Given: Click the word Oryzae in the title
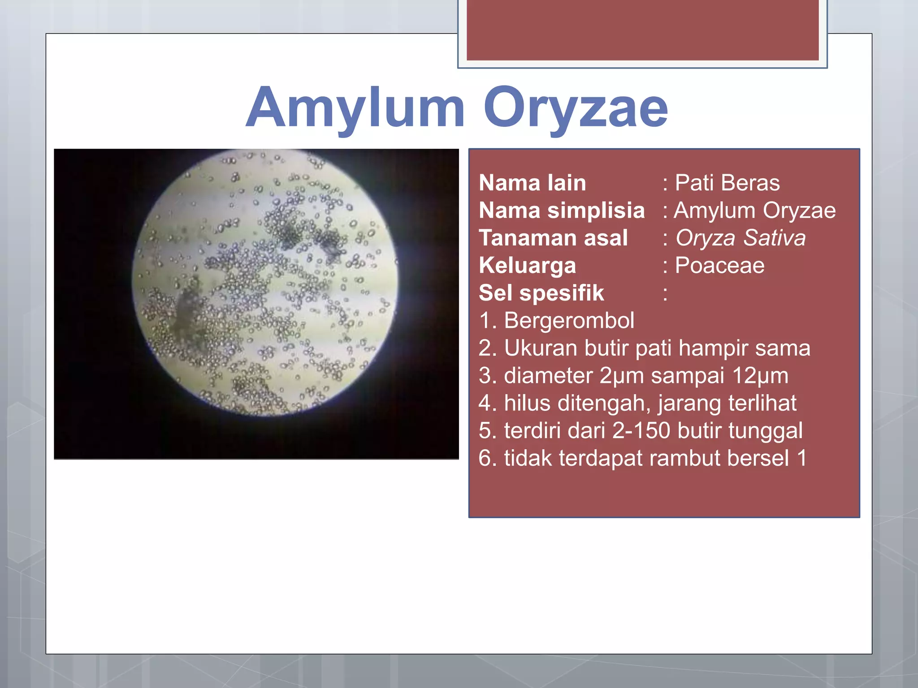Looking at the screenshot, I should coord(576,108).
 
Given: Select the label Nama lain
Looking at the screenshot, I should coord(532,183).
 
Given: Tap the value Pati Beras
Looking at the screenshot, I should coord(727,183).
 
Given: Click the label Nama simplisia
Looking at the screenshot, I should coord(561,211).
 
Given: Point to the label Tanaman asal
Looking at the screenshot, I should coord(553,238).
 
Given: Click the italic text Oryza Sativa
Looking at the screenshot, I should coord(740,238).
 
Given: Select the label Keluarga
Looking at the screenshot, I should coord(527,266).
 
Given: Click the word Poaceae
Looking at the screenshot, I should coord(719,266).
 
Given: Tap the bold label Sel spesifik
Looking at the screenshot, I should coord(541,293).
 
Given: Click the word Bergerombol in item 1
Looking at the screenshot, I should coord(569,321).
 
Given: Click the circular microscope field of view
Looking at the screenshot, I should coord(264,282).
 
